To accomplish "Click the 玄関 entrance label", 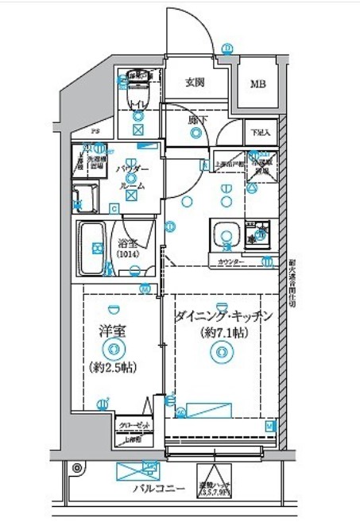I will click(x=195, y=81).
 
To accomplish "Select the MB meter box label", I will click(x=259, y=83).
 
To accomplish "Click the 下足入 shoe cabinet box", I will click(x=261, y=133).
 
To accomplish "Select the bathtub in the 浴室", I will click(x=93, y=249).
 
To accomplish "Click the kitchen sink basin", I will click(x=226, y=235).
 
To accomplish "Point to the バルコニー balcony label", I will click(x=158, y=489).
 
